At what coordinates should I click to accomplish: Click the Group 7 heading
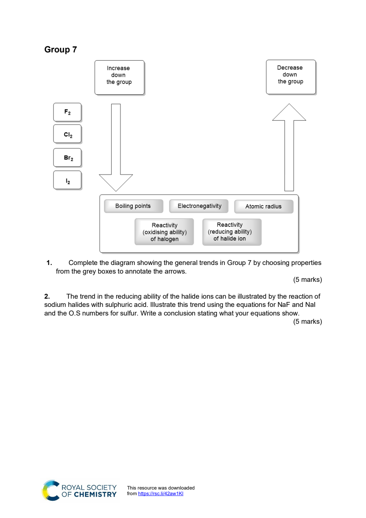[61, 50]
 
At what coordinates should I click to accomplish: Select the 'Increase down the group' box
[119, 78]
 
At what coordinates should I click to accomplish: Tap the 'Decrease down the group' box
[291, 77]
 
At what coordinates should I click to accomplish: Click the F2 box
[67, 112]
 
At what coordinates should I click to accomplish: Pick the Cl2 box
[67, 134]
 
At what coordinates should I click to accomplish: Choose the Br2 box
[67, 158]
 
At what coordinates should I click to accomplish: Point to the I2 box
[67, 180]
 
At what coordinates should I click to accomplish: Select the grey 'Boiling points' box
[134, 206]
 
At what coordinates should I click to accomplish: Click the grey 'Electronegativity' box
[199, 206]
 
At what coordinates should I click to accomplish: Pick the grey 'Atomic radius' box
[264, 207]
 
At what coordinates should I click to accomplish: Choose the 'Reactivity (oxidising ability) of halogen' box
[164, 232]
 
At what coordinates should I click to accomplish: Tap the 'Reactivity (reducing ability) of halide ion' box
[232, 232]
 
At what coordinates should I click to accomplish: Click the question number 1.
[49, 263]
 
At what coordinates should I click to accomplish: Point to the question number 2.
[47, 296]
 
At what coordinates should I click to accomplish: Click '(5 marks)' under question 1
[308, 280]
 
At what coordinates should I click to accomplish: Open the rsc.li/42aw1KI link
[161, 494]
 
